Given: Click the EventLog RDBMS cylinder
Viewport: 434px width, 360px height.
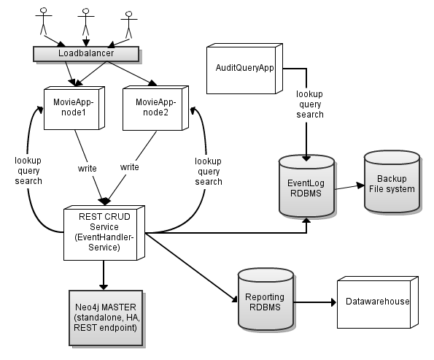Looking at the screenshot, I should coord(306,186).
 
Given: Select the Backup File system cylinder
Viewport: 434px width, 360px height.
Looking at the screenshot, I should coord(392,183).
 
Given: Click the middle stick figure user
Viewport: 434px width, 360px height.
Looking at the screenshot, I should coord(85,21).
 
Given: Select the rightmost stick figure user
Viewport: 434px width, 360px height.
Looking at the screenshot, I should coord(129,23).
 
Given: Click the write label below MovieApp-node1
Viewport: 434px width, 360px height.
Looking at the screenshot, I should coord(87,168).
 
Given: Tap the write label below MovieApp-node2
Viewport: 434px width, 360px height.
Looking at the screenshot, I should coord(129,166).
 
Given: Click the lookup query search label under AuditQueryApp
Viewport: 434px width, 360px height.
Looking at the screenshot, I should coord(310,105).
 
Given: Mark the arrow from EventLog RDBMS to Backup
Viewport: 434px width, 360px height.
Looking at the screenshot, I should coord(349,188).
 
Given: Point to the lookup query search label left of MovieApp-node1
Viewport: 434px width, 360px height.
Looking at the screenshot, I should coord(28,169).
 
